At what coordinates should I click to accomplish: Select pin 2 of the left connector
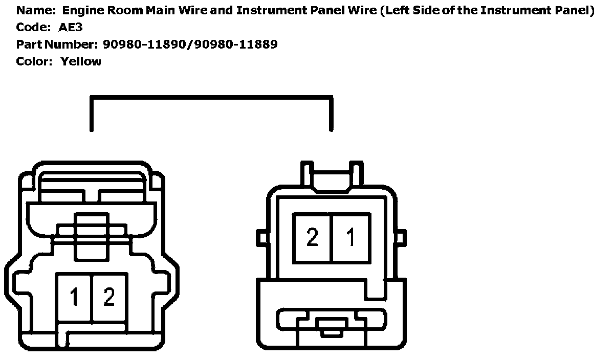click(x=109, y=297)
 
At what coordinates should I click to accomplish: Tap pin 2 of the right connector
click(x=312, y=238)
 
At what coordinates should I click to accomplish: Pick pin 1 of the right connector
click(x=350, y=238)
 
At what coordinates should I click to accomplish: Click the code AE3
click(x=71, y=28)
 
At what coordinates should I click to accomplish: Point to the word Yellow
click(x=81, y=62)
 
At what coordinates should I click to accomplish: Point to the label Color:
click(x=34, y=62)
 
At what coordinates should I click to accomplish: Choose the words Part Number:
click(x=56, y=44)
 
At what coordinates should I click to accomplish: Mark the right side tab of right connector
click(x=401, y=238)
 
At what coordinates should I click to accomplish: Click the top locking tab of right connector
click(x=332, y=174)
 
